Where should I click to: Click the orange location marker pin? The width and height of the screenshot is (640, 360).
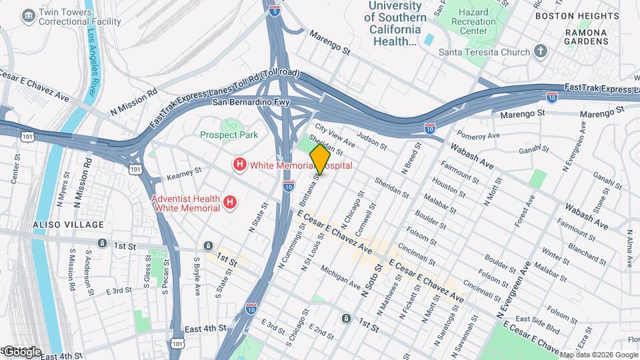coord(320,160)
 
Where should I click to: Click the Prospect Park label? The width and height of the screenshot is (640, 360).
coord(229,135)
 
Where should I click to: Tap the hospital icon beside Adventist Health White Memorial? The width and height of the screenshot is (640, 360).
coord(229,201)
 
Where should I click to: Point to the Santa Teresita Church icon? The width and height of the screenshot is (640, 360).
coord(541,52)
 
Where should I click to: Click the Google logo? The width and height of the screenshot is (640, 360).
coord(22,352)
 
